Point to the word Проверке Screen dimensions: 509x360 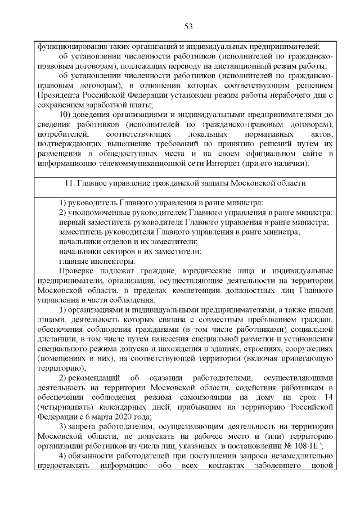(x=76, y=271)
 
